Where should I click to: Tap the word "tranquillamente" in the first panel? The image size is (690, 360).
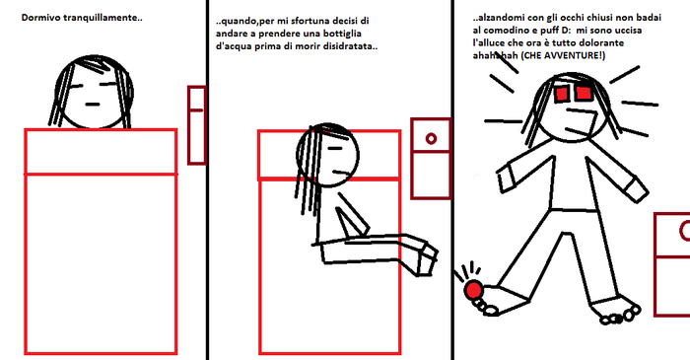click(100, 18)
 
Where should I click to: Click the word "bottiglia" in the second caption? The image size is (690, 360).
click(342, 34)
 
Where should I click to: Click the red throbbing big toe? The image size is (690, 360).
click(473, 290)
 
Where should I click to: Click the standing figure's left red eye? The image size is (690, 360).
click(562, 94)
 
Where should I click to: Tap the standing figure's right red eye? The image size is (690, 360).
click(584, 93)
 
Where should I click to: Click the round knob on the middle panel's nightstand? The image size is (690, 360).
click(432, 139)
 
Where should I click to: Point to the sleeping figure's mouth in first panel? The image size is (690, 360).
click(93, 105)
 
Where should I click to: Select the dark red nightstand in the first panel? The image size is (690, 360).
click(197, 125)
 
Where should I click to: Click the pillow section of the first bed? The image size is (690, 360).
click(101, 152)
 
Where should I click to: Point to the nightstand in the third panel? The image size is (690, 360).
click(672, 264)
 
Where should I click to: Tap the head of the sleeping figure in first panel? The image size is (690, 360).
click(94, 93)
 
